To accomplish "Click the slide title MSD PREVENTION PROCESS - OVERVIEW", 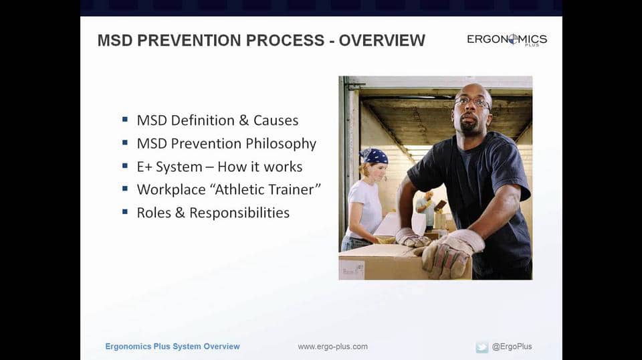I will pyautogui.click(x=261, y=40).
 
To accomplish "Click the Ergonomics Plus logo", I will pyautogui.click(x=507, y=39).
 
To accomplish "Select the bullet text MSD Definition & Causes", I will pyautogui.click(x=217, y=120).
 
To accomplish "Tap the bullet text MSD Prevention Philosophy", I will pyautogui.click(x=226, y=143).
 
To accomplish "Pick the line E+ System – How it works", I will pyautogui.click(x=219, y=167).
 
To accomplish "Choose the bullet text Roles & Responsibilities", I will pyautogui.click(x=213, y=213).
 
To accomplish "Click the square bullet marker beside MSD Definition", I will pyautogui.click(x=125, y=120).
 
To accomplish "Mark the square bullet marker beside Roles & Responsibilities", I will pyautogui.click(x=125, y=212).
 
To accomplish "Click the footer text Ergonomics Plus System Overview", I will pyautogui.click(x=173, y=347).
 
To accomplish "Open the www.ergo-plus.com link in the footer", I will pyautogui.click(x=332, y=347).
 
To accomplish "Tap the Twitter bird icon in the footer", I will pyautogui.click(x=481, y=347).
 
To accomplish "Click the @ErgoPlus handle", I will pyautogui.click(x=512, y=347).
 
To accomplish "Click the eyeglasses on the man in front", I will pyautogui.click(x=472, y=102).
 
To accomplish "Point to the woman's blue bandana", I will pyautogui.click(x=374, y=156).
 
